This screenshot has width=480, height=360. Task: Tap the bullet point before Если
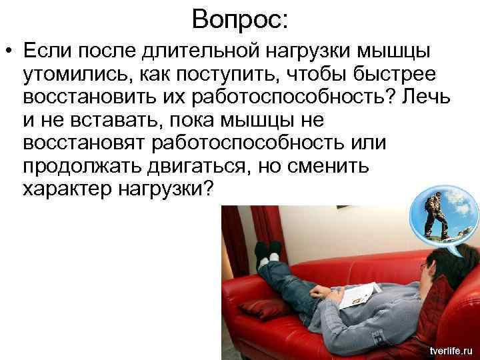(x=9, y=51)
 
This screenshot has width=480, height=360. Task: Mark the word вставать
(x=103, y=121)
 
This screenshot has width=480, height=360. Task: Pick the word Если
(x=44, y=51)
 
